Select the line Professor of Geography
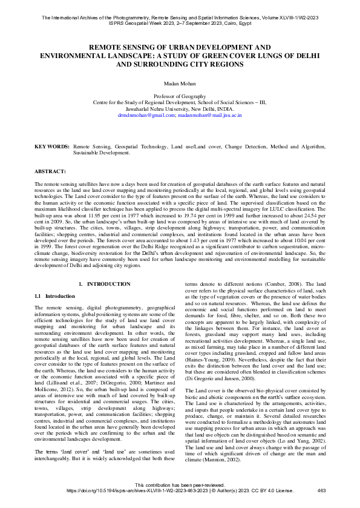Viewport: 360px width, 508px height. click(x=180, y=96)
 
